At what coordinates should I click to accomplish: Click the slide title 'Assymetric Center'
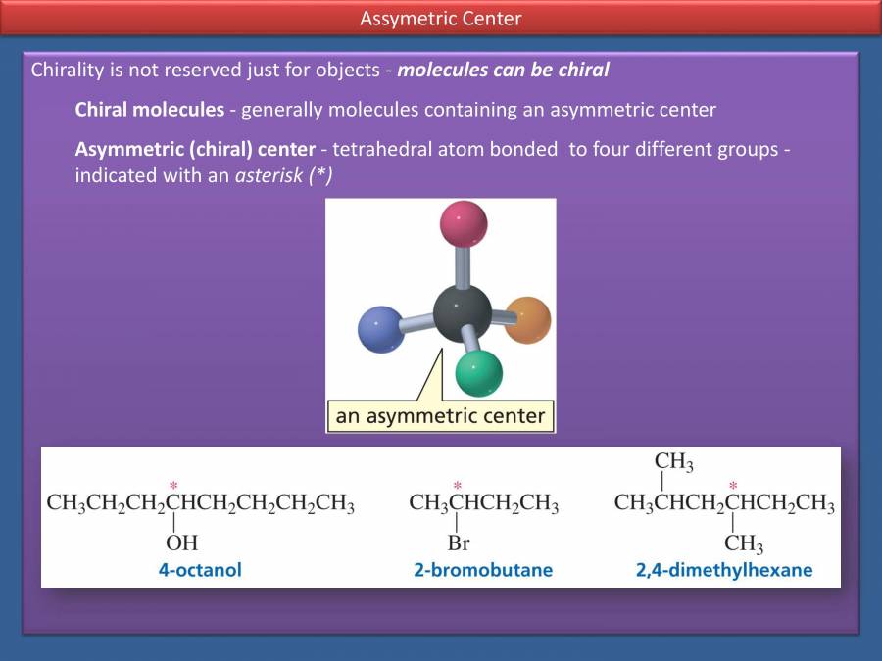coord(441,19)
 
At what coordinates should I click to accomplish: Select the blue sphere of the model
coord(381,329)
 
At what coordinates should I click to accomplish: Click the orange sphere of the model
coord(528,319)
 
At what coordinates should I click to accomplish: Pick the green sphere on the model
coord(479,372)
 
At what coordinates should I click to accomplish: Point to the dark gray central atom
coord(462,312)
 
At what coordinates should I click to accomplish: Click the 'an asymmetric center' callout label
coord(440,416)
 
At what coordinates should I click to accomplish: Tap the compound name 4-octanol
coord(200,569)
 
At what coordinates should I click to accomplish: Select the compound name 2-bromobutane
coord(483,569)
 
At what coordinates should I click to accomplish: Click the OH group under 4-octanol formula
coord(181,543)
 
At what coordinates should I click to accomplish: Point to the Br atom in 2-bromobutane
coord(458,543)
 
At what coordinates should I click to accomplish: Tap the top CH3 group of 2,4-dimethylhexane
coord(673,461)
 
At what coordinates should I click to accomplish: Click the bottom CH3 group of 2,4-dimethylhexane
coord(744,543)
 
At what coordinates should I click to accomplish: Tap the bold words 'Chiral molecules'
coord(149,110)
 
